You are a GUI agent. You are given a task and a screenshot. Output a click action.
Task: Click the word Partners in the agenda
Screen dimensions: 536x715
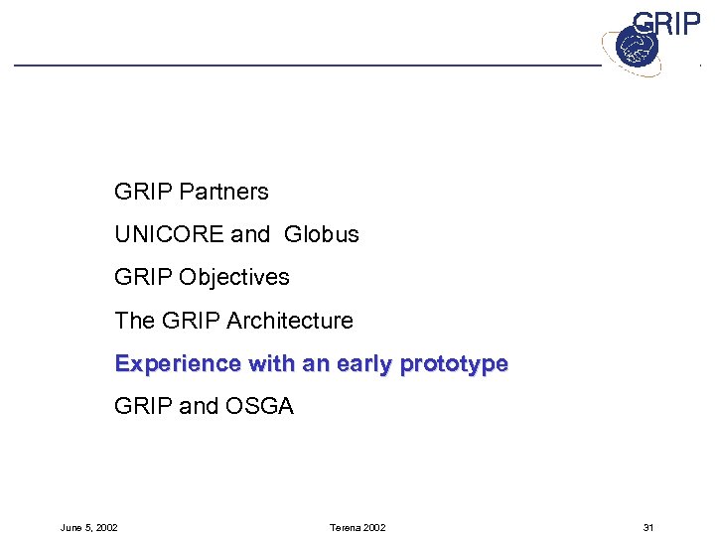[x=225, y=191]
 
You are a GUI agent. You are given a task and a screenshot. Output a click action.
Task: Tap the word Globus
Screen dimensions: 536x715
[x=321, y=234]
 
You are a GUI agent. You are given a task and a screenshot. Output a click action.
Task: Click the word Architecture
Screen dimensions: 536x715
[x=290, y=321]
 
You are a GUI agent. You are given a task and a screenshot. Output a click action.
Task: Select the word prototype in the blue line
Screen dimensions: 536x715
[x=454, y=364]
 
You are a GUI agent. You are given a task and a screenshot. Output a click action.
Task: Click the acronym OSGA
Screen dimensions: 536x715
[x=260, y=406]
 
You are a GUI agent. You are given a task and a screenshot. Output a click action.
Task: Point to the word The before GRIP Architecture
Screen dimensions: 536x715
[x=134, y=321]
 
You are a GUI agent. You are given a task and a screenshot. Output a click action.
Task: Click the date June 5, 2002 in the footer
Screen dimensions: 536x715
[x=88, y=527]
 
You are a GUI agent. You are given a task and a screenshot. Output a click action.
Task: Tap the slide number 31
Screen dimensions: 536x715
[x=648, y=527]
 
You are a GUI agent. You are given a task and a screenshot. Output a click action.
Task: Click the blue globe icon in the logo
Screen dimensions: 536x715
[x=631, y=47]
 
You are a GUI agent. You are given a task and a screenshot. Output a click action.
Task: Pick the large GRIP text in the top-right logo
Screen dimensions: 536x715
[x=666, y=23]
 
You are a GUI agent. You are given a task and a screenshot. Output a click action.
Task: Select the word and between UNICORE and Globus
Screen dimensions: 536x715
[x=250, y=234]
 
